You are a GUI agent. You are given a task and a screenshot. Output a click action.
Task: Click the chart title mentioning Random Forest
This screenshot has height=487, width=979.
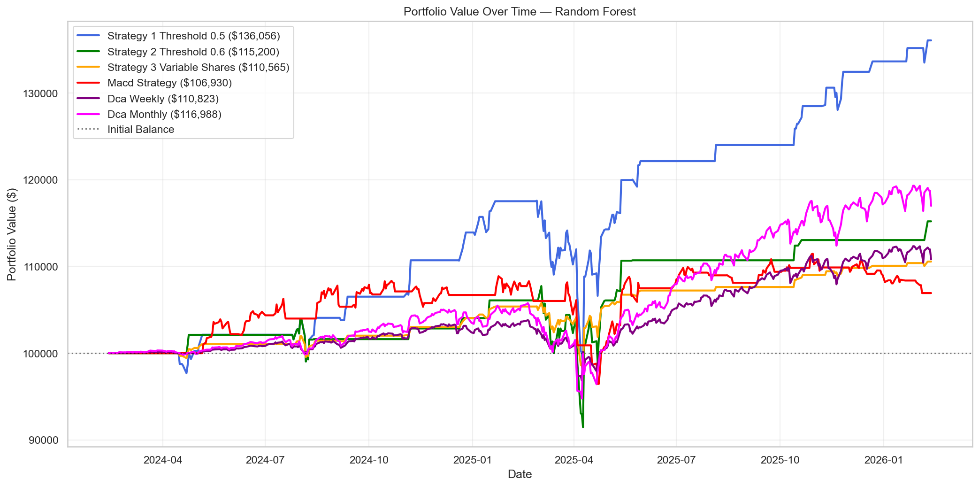click(520, 12)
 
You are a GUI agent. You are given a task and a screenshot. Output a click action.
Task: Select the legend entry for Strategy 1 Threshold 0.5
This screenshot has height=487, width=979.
click(193, 36)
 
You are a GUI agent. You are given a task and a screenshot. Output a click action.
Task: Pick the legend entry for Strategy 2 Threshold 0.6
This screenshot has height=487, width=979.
click(193, 52)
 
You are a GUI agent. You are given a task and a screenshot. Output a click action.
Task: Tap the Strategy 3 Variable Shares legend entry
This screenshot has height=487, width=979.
click(198, 67)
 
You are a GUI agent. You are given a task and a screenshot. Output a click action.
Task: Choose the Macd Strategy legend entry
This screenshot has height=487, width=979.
click(169, 83)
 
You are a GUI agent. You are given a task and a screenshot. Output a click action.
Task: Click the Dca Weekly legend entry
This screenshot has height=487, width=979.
click(163, 99)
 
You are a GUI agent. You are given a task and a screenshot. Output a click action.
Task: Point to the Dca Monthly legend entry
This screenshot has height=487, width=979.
click(164, 114)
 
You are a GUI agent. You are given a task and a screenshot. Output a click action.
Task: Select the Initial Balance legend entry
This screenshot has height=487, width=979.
click(140, 130)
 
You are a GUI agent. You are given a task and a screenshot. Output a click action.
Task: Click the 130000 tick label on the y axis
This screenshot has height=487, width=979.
click(40, 93)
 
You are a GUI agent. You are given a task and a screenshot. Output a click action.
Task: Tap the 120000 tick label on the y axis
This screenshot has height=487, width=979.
click(40, 180)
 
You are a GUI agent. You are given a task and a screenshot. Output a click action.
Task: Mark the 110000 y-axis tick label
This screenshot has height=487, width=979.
click(40, 267)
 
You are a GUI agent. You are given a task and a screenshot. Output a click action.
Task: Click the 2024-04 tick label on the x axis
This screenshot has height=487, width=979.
click(162, 460)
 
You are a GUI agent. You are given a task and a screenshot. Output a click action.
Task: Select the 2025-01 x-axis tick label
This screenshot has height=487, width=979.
click(472, 460)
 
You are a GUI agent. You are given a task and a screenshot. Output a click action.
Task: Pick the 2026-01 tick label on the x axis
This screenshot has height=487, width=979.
click(883, 460)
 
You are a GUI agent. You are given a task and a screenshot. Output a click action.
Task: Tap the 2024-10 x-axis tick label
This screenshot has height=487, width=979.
click(369, 460)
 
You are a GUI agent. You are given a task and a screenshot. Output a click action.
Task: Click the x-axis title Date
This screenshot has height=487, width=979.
click(520, 474)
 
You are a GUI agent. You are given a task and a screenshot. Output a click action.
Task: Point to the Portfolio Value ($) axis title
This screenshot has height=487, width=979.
click(12, 234)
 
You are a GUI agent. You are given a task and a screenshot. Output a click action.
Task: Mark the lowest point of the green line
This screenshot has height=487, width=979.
click(583, 427)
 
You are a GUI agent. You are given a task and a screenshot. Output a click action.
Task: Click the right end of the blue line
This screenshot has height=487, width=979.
click(931, 41)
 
